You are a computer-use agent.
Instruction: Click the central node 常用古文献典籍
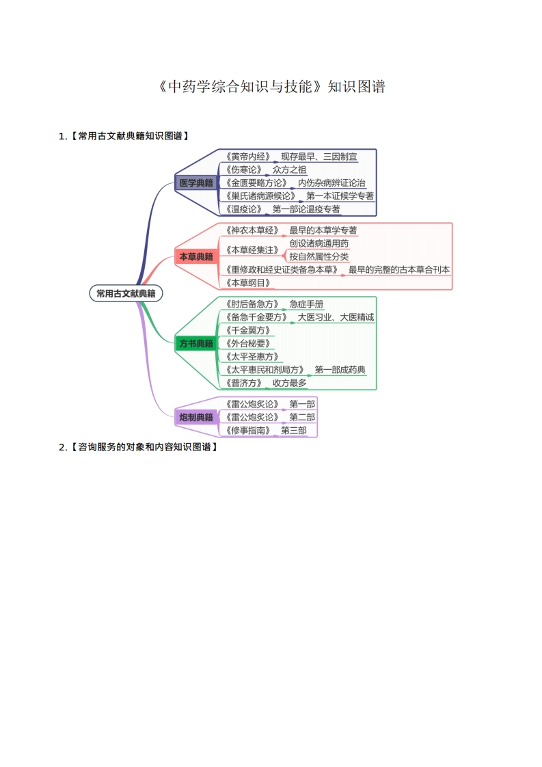point(126,293)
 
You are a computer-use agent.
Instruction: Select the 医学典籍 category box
point(195,183)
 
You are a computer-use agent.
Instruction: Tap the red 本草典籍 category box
point(195,257)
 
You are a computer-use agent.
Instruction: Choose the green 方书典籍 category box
point(195,343)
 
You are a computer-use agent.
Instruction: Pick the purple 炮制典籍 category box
point(195,417)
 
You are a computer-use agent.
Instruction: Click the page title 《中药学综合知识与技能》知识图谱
point(271,87)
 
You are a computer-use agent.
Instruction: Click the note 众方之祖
point(289,170)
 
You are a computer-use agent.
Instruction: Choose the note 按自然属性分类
point(319,256)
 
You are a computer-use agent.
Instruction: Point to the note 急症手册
point(306,304)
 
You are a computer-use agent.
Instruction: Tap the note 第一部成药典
point(340,370)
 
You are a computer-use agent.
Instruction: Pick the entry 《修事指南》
point(247,430)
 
